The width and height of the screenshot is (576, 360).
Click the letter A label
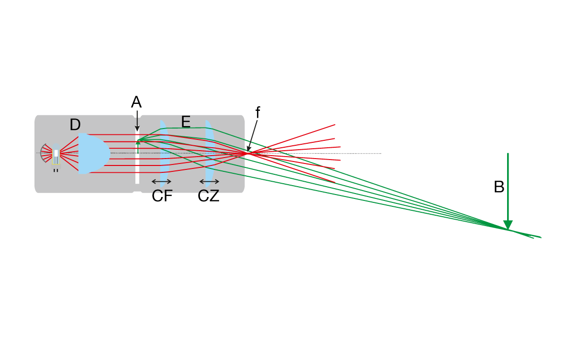coord(136,102)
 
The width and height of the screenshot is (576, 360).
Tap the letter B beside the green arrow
coord(499,187)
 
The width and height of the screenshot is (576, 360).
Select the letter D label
coord(75,125)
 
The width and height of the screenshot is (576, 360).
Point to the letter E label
coord(186,122)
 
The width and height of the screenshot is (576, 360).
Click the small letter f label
coord(257,112)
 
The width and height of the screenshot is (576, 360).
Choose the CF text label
coord(162,196)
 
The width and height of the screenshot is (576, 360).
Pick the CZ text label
coord(209,196)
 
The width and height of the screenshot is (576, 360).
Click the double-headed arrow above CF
coord(162,181)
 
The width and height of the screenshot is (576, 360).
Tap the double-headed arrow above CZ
coord(209,181)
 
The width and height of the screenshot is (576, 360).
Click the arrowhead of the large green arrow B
coord(508,225)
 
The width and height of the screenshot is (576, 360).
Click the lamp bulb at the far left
coord(56,153)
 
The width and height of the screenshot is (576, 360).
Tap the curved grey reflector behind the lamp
coord(44,153)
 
